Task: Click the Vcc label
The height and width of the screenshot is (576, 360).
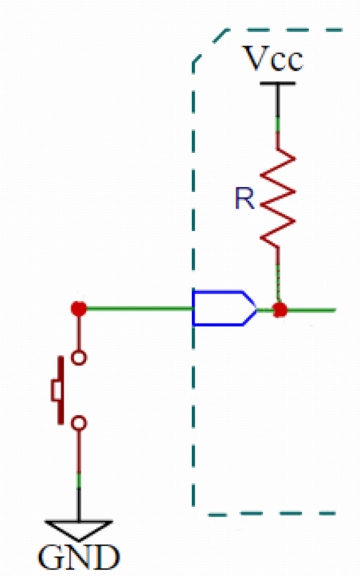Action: click(274, 59)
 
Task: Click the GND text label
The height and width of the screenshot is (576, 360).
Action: click(79, 557)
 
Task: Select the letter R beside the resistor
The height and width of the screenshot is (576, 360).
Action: click(245, 198)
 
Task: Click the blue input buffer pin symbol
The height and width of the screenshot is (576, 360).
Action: click(224, 308)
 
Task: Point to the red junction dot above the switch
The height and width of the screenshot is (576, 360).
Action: click(79, 308)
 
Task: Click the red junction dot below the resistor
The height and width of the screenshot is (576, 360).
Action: click(280, 310)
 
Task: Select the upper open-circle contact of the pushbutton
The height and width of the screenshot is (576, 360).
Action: click(79, 358)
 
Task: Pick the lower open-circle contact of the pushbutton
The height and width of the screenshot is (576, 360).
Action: click(79, 423)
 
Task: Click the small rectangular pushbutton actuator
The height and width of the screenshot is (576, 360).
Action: click(56, 390)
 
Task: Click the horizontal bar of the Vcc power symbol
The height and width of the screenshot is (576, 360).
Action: click(278, 84)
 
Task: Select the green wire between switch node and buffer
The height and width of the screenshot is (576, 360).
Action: click(139, 308)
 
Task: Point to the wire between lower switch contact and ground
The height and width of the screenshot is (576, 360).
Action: click(79, 476)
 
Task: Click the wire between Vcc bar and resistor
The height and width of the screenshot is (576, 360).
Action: click(278, 116)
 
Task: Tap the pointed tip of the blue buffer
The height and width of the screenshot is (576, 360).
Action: click(256, 308)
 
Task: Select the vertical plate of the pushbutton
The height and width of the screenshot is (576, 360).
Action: click(61, 390)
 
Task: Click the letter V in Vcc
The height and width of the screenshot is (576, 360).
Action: click(256, 58)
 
